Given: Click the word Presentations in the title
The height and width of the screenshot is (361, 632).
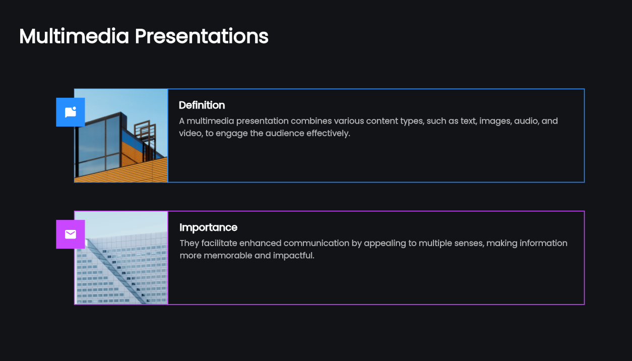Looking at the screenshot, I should (x=202, y=36).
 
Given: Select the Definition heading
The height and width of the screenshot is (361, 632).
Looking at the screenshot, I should (x=202, y=105).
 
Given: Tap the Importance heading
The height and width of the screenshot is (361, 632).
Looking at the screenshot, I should (x=208, y=227).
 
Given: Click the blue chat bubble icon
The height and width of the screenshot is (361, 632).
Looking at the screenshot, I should (x=71, y=112).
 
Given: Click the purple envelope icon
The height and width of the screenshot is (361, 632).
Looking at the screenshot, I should (x=71, y=234).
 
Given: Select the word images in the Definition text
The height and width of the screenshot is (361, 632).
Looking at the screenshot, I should (x=494, y=121).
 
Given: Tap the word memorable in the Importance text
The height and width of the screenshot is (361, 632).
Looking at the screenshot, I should (x=227, y=256).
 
